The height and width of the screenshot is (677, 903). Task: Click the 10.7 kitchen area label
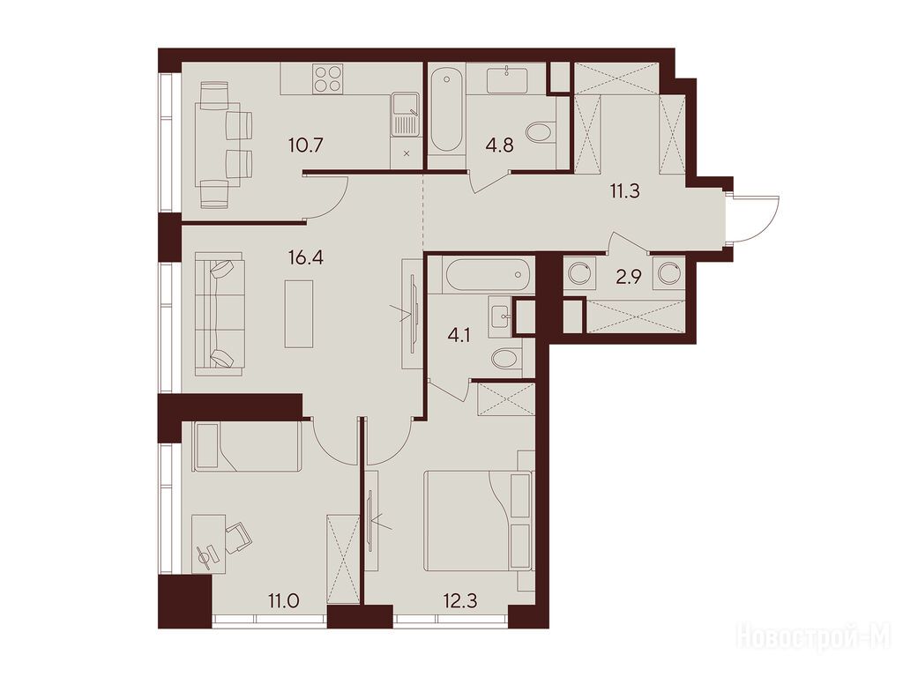pyautogui.click(x=306, y=144)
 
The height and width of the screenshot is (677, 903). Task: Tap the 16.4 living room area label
pyautogui.click(x=306, y=257)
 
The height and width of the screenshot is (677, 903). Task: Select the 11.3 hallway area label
pyautogui.click(x=625, y=190)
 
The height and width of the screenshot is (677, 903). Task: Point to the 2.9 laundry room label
pyautogui.click(x=628, y=278)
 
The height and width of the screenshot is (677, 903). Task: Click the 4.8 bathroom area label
pyautogui.click(x=499, y=145)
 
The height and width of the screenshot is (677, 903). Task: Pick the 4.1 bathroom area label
pyautogui.click(x=459, y=335)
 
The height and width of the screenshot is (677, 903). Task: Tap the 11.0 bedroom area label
pyautogui.click(x=283, y=602)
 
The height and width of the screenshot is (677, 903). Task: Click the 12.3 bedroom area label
pyautogui.click(x=460, y=602)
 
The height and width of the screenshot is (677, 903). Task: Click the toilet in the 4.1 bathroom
pyautogui.click(x=507, y=360)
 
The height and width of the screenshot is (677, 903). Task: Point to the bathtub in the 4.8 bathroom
pyautogui.click(x=445, y=109)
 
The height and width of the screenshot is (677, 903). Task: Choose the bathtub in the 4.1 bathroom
pyautogui.click(x=487, y=275)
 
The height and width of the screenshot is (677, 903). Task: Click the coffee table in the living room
pyautogui.click(x=299, y=314)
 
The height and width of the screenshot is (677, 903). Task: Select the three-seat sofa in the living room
pyautogui.click(x=220, y=313)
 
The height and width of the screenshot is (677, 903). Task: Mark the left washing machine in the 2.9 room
pyautogui.click(x=578, y=272)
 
